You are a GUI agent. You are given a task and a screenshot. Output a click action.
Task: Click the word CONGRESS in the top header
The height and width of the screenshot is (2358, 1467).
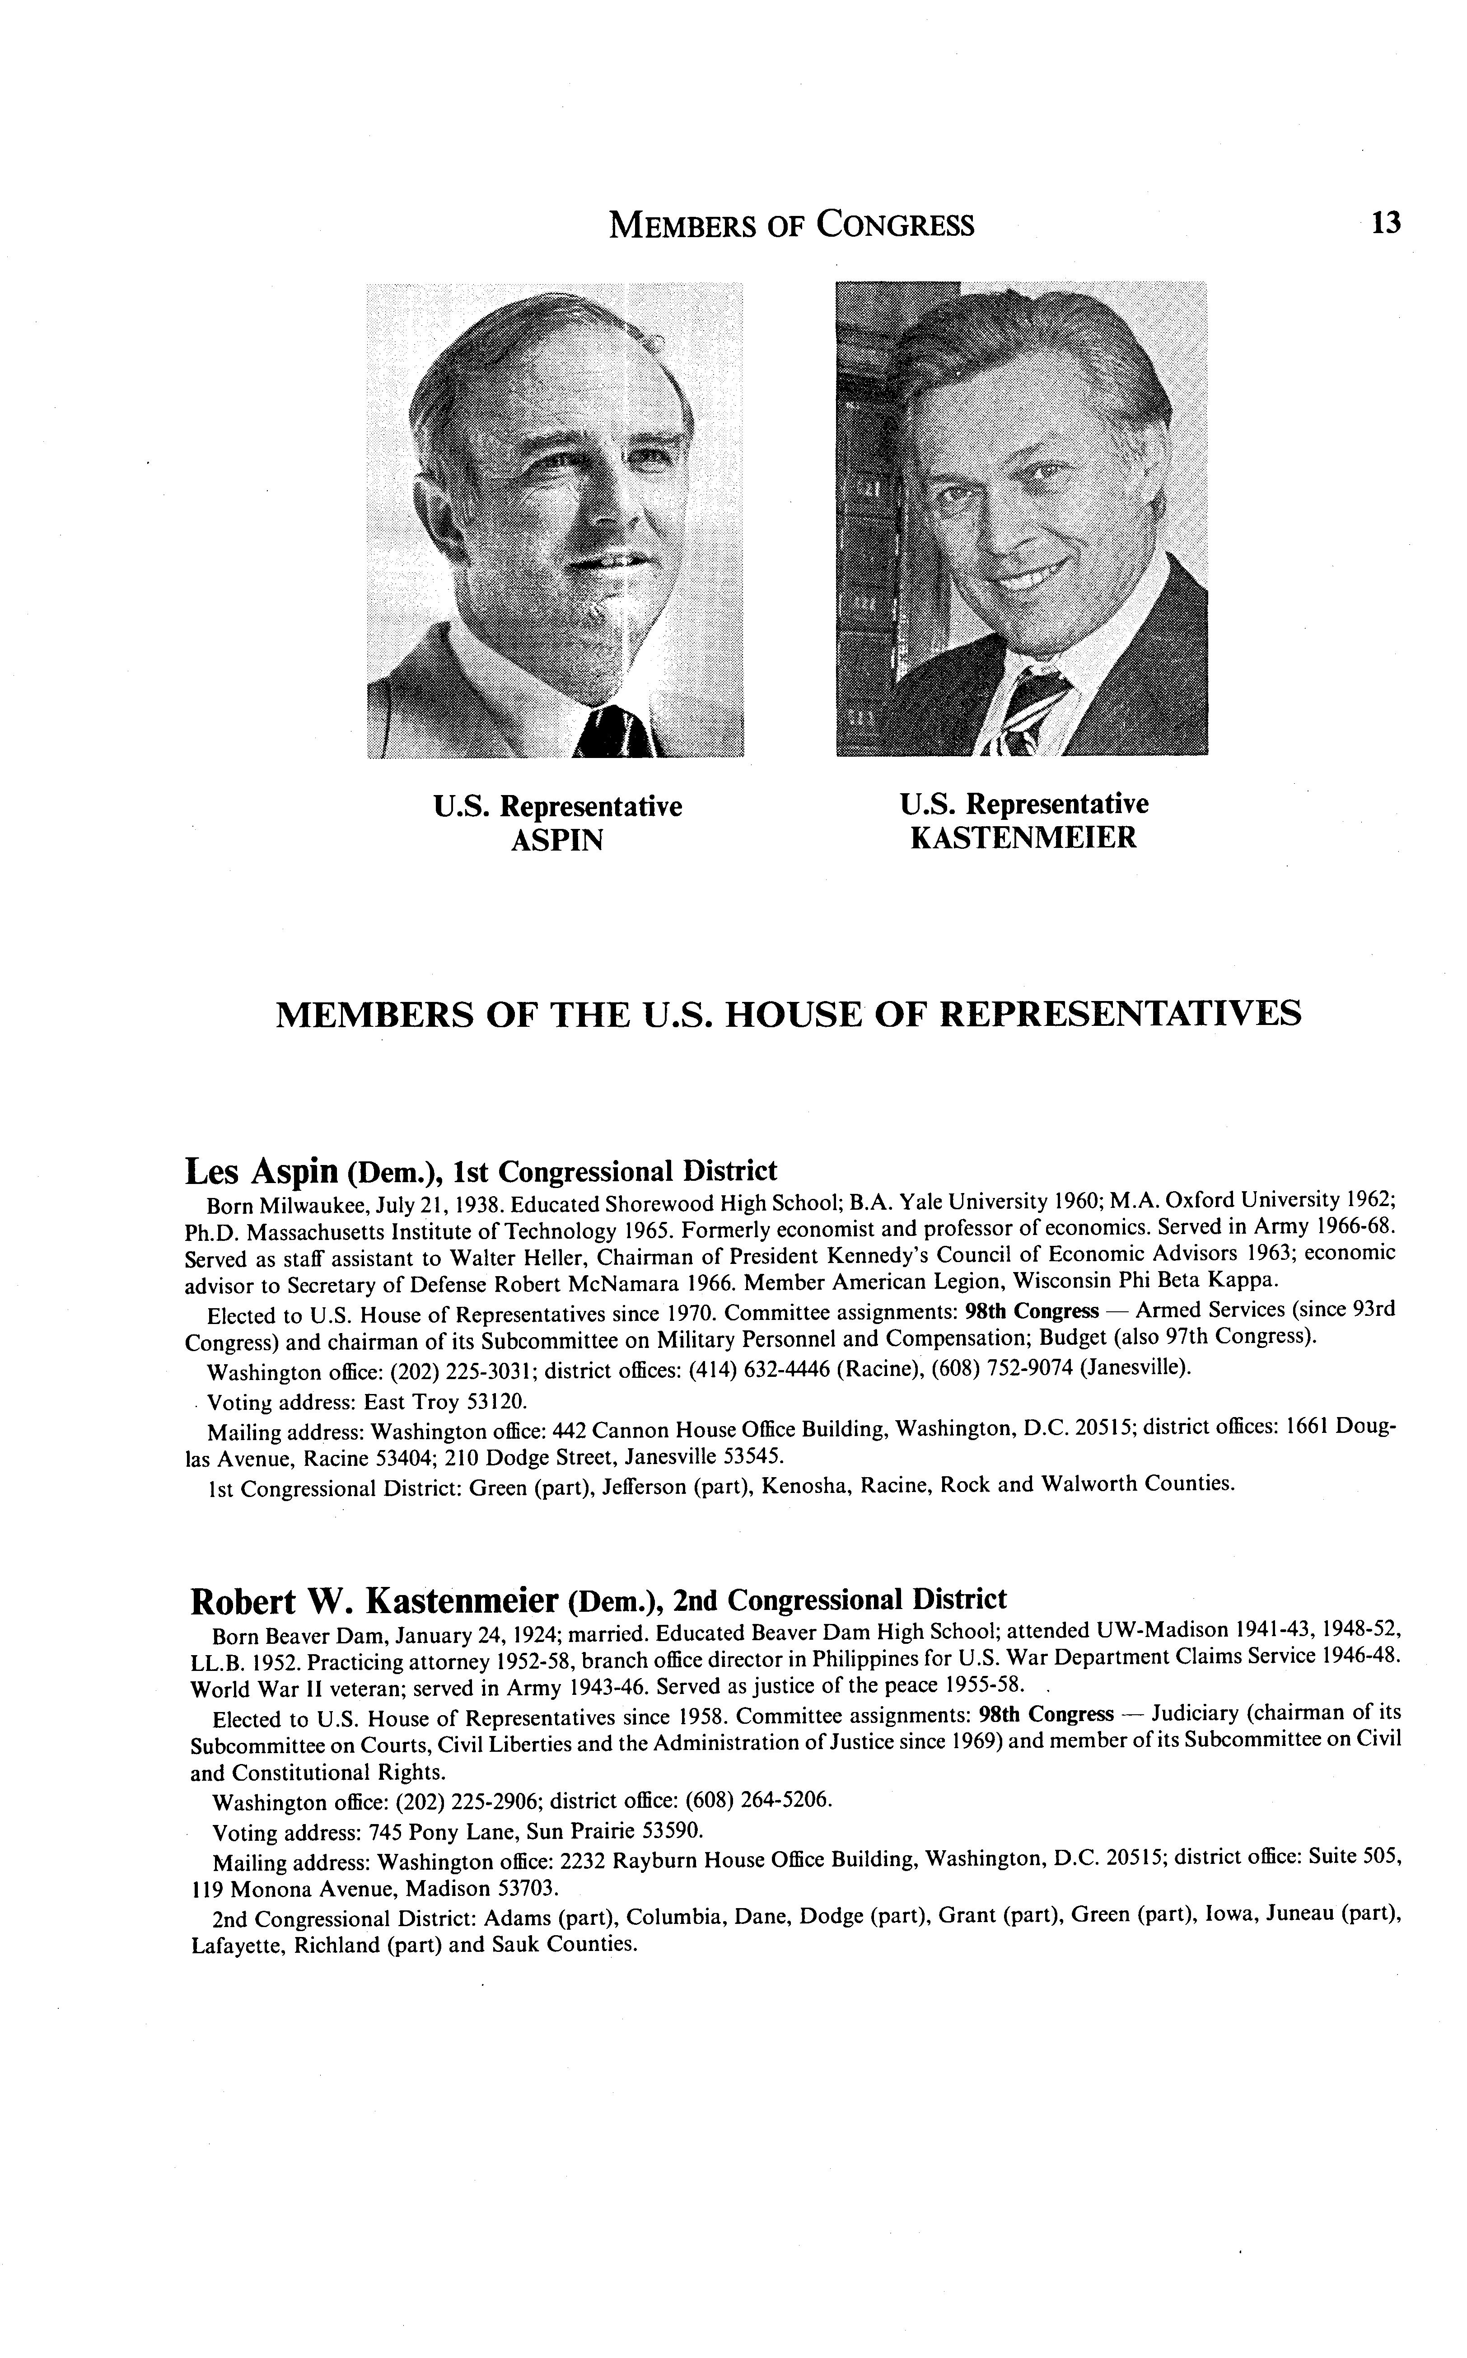tap(895, 225)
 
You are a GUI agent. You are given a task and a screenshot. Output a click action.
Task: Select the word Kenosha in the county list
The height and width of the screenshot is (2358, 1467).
tap(804, 1485)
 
